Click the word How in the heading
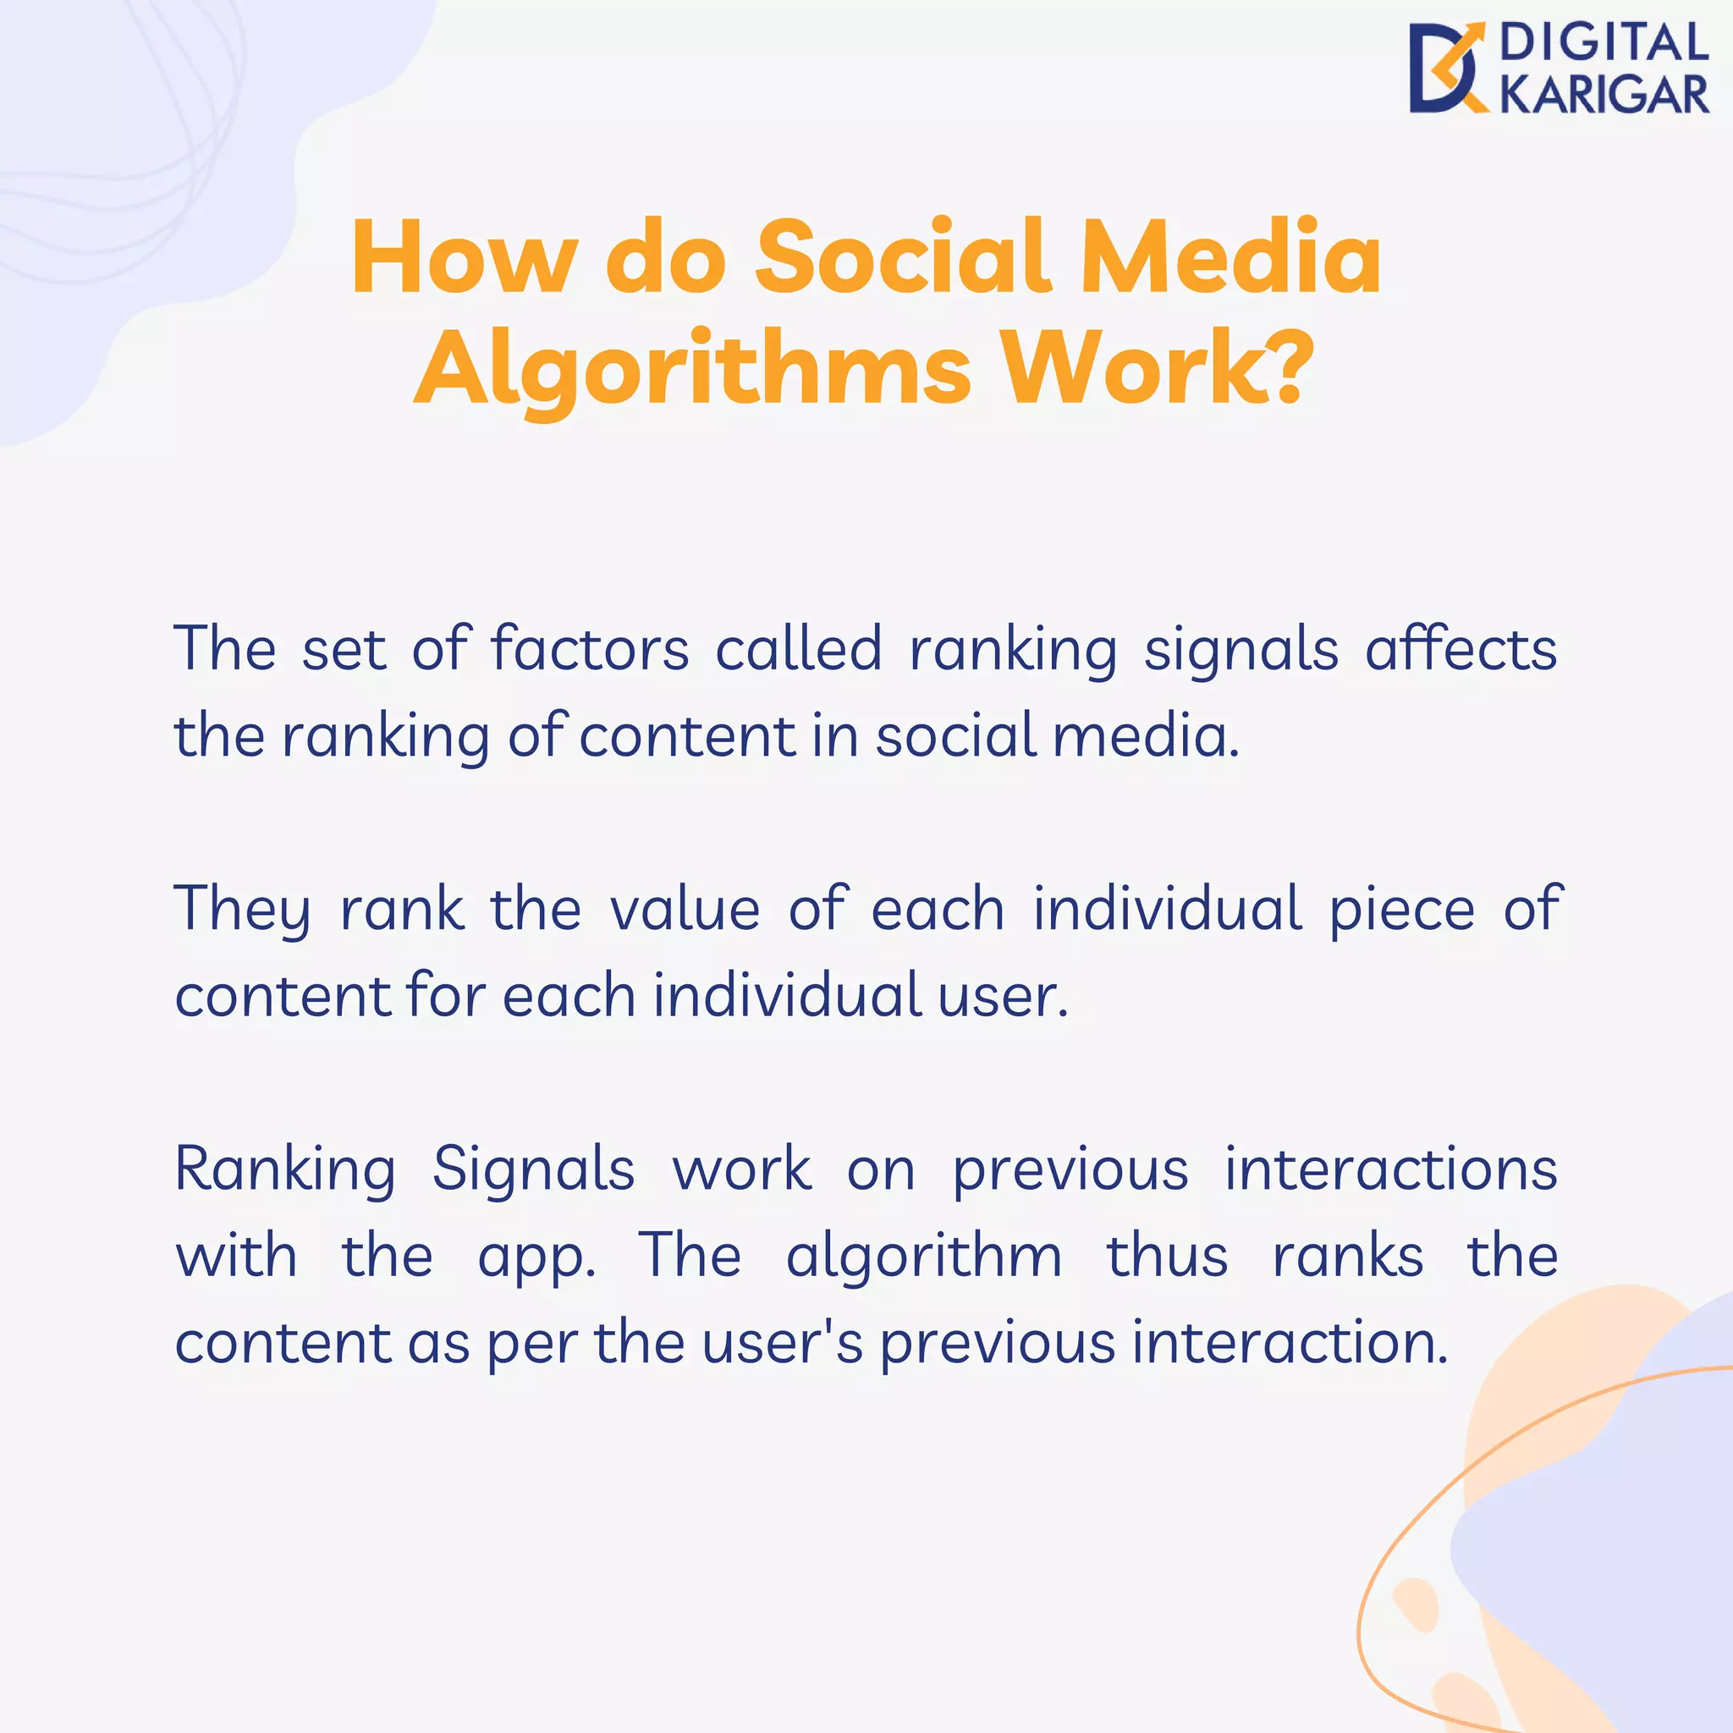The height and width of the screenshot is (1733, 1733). point(464,257)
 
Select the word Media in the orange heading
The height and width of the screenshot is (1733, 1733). point(1230,257)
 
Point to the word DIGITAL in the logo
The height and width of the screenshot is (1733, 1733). point(1603,44)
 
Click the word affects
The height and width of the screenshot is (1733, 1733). point(1461,648)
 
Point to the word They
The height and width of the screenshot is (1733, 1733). point(242,910)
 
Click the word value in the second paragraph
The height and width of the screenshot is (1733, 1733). point(685,910)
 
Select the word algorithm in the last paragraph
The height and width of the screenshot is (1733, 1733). point(924,1257)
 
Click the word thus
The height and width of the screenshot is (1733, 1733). point(1166,1256)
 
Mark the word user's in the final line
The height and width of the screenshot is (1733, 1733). point(783,1344)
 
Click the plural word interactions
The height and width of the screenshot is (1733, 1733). point(1390,1169)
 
